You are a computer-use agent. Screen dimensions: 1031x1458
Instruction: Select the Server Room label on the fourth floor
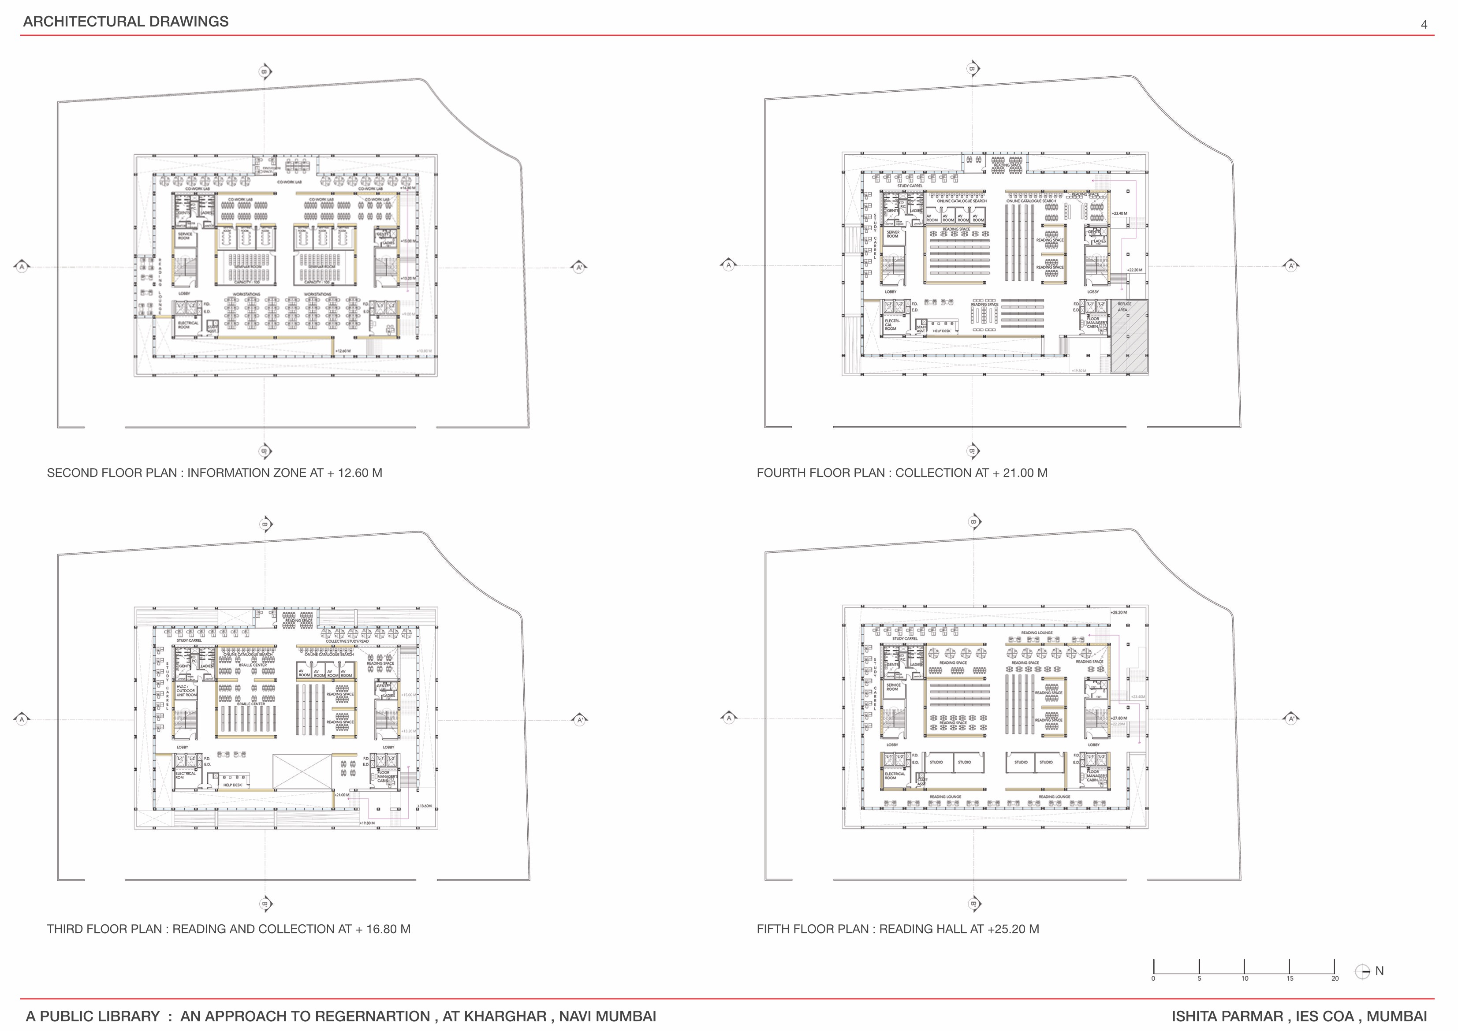[893, 234]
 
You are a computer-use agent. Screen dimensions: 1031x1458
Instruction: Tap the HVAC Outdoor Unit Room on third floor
[186, 691]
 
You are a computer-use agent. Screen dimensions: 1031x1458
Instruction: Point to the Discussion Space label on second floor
[267, 170]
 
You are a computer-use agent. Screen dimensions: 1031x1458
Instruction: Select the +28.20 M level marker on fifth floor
[1119, 613]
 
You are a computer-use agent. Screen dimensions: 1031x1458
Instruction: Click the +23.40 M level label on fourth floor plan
[1119, 214]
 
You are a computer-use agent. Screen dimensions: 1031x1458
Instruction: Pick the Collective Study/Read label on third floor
[347, 641]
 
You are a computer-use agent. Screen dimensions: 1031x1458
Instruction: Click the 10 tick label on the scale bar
[1245, 978]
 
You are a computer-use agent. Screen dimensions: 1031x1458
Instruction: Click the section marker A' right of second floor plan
[578, 267]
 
